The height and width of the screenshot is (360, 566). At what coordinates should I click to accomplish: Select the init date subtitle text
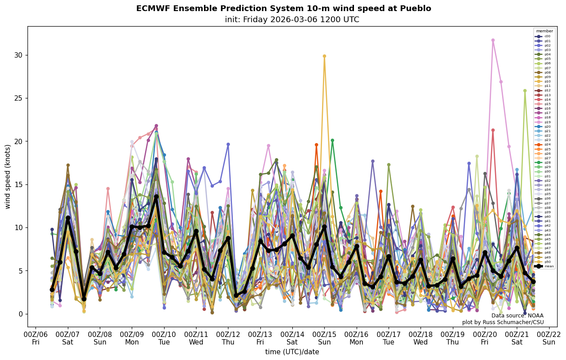pyautogui.click(x=292, y=20)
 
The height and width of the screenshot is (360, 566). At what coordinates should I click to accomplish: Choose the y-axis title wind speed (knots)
pyautogui.click(x=8, y=176)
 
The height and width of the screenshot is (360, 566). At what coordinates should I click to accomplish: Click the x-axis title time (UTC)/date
pyautogui.click(x=292, y=352)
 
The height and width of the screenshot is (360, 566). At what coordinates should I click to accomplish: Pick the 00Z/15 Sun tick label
pyautogui.click(x=324, y=338)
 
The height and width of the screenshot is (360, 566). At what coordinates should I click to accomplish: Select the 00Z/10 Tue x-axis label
pyautogui.click(x=164, y=338)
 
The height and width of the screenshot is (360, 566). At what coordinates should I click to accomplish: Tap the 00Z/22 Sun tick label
pyautogui.click(x=549, y=338)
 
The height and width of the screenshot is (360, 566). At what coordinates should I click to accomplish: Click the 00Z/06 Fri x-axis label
pyautogui.click(x=35, y=338)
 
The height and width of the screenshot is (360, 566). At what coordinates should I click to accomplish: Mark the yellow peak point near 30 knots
pyautogui.click(x=324, y=56)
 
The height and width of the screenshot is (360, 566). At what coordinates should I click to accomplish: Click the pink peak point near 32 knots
pyautogui.click(x=493, y=40)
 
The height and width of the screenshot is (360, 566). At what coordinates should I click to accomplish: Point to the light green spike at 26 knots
pyautogui.click(x=525, y=90)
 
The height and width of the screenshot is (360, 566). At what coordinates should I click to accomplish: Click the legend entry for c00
pyautogui.click(x=544, y=36)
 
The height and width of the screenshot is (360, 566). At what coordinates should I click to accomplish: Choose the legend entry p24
pyautogui.click(x=544, y=145)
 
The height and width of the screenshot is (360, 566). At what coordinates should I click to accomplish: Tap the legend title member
pyautogui.click(x=545, y=31)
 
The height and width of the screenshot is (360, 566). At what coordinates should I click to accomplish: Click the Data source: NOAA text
pyautogui.click(x=517, y=316)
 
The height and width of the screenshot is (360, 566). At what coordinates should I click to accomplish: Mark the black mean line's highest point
pyautogui.click(x=156, y=196)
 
